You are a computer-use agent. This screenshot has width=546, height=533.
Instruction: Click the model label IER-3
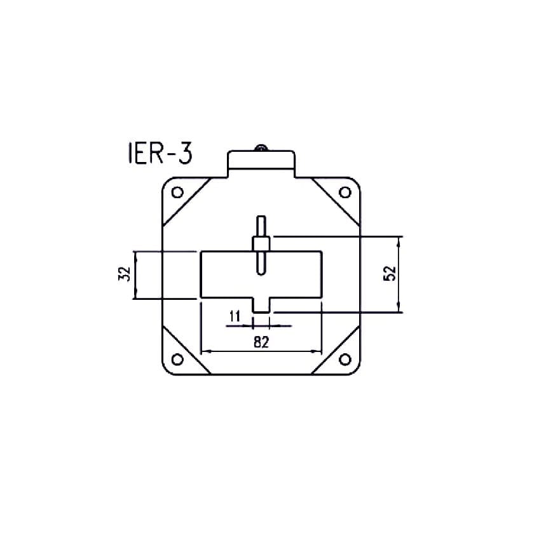(155, 154)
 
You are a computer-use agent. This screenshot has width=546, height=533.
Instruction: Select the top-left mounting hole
(178, 192)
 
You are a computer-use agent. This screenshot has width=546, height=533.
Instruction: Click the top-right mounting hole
(345, 192)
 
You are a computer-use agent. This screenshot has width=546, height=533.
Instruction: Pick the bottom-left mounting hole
(178, 360)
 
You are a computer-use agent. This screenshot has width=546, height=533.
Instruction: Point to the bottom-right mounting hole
(345, 360)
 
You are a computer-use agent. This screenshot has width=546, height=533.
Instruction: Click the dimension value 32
(125, 274)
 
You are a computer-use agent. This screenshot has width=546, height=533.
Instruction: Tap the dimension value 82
(261, 342)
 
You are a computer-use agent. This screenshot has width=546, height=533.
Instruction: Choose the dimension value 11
(234, 316)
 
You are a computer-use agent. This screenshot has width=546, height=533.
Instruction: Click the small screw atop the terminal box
(261, 149)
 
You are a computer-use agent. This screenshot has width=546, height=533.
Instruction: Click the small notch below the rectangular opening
(261, 305)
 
